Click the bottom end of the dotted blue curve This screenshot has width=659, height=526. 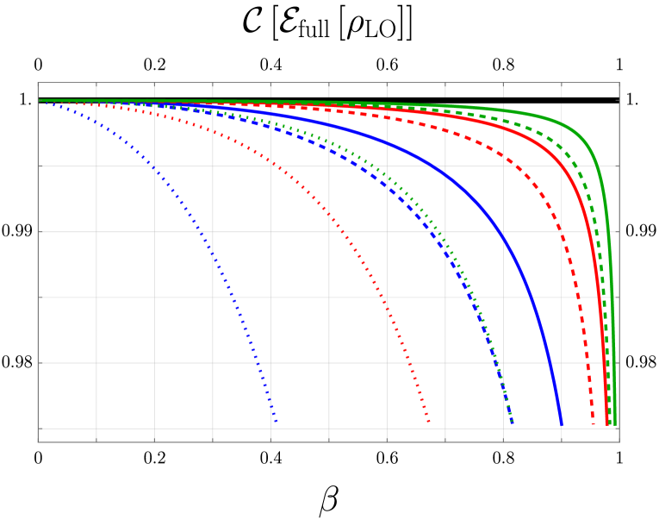277,423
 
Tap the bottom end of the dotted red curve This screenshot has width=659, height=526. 429,423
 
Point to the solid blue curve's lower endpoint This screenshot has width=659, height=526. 562,424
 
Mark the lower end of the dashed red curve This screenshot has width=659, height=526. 594,424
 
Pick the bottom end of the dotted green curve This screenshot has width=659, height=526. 513,423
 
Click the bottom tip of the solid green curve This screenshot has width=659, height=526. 615,424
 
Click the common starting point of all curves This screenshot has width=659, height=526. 39,101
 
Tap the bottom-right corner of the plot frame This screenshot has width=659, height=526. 619,442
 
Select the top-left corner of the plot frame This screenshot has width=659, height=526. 38,83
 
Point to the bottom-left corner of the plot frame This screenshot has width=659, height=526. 38,442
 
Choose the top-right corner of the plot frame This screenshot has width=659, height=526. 619,83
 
